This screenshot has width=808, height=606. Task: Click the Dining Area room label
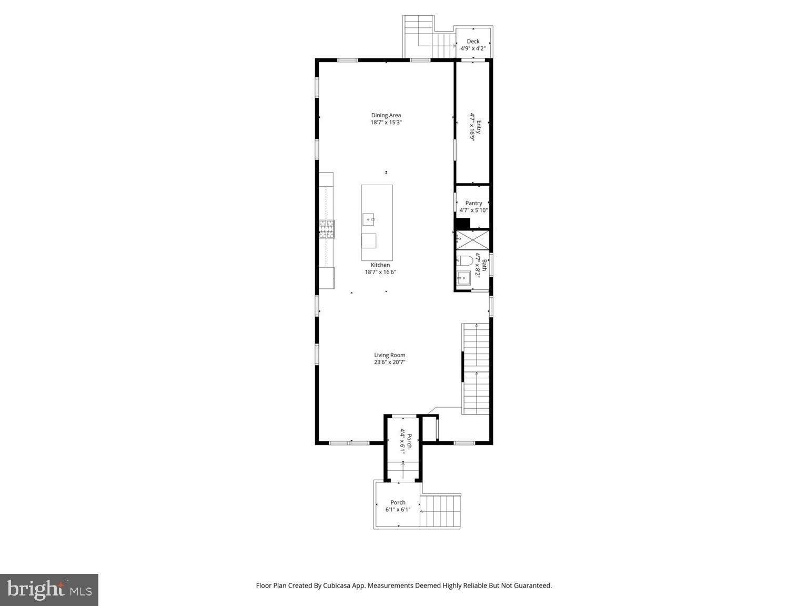point(386,115)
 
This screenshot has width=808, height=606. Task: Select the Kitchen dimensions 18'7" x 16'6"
point(380,272)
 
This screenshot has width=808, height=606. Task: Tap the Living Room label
point(389,355)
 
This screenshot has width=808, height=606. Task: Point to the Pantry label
point(473,203)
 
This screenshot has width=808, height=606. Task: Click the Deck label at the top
point(473,42)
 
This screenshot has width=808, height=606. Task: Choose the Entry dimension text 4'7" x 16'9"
point(472,127)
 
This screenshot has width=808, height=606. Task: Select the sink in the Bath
point(463,278)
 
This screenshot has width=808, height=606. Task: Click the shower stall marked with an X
point(472,239)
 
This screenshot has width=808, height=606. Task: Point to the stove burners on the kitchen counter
point(326,229)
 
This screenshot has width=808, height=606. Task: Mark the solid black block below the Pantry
point(461,224)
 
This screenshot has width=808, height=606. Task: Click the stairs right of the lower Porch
point(441,511)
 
